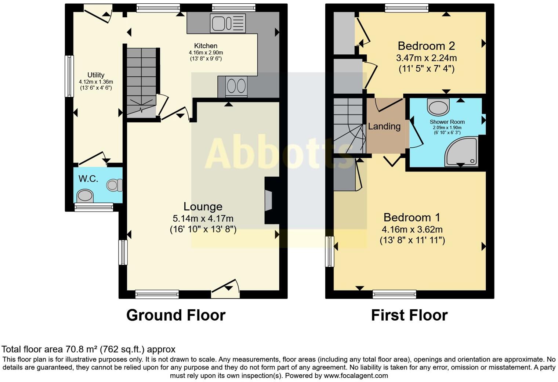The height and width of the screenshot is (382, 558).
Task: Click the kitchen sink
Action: (228, 23)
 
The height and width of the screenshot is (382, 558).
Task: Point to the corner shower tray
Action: (462, 151)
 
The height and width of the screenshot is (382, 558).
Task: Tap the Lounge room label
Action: (203, 206)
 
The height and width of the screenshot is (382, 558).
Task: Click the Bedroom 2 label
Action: (426, 46)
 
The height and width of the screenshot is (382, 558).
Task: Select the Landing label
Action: (384, 126)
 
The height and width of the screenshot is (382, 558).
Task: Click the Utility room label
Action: (96, 75)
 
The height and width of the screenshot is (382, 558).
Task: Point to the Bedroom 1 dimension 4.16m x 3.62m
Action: (412, 230)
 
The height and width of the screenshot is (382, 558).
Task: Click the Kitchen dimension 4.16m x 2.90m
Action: (206, 53)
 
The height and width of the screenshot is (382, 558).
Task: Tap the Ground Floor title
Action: (175, 315)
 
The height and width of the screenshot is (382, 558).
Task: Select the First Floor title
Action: (409, 315)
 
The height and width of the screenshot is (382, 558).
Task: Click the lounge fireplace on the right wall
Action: (269, 201)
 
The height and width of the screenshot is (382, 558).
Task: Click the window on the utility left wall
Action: (69, 76)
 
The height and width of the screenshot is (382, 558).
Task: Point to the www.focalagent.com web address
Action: (356, 375)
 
